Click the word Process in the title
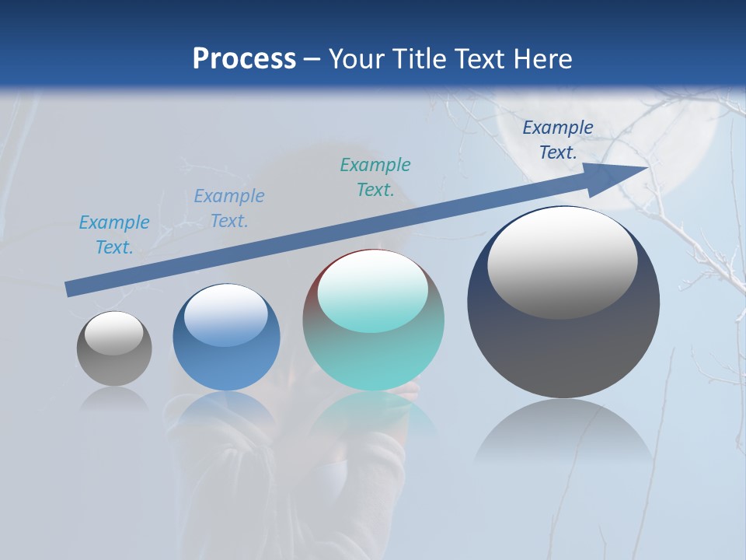tap(244, 59)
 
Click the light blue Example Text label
tap(114, 235)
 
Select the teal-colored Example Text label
tap(375, 177)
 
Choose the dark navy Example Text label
tap(557, 140)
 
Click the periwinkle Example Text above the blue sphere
tap(229, 208)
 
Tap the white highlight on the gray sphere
tap(114, 334)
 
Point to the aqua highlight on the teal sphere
tap(373, 292)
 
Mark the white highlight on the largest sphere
tap(563, 263)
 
